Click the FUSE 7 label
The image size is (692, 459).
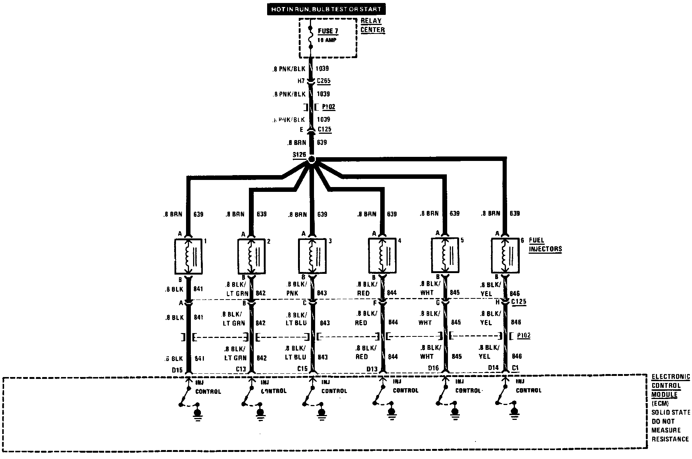(328, 31)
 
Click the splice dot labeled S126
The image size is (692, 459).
(312, 159)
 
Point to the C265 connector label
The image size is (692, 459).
(324, 81)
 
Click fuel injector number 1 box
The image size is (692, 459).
(188, 256)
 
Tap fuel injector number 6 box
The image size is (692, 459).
(505, 256)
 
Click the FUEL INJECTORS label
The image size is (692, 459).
(545, 245)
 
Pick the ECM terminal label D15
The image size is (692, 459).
(177, 370)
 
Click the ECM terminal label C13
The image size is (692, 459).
(241, 369)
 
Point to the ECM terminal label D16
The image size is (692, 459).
(433, 368)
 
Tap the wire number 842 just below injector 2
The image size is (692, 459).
(261, 293)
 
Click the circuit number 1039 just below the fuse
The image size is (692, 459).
(322, 69)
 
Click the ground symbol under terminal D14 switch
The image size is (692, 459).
(515, 412)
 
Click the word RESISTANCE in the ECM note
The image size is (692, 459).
(670, 439)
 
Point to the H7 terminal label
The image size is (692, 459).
(301, 81)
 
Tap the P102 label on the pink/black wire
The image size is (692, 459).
(329, 107)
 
